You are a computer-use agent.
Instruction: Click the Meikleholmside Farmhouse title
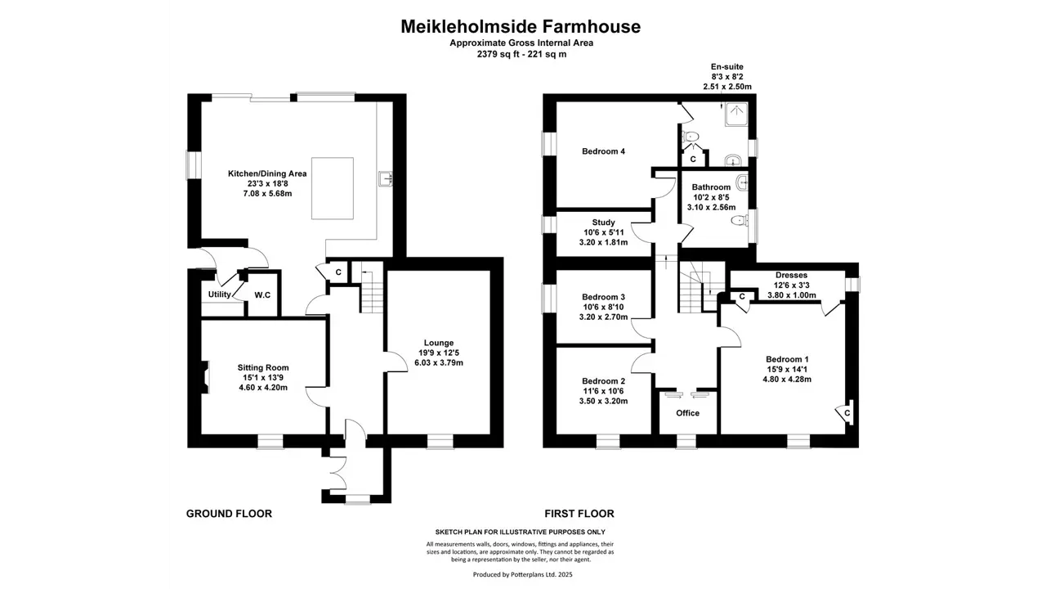point(521,27)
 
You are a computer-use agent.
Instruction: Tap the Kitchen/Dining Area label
point(267,173)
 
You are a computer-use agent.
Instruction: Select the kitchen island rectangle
point(333,188)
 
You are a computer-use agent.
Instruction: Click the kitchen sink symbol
point(385,179)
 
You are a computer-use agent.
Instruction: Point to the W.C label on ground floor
point(262,295)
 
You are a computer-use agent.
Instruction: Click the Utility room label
point(220,294)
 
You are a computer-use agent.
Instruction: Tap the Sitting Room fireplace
point(205,377)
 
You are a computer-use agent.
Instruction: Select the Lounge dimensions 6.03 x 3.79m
point(439,362)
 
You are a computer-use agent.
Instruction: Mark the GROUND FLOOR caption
point(229,514)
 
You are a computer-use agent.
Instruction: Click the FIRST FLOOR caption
point(579,514)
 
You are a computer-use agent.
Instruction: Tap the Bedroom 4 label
point(603,151)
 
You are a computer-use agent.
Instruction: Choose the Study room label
point(603,223)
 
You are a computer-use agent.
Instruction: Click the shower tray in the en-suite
point(736,115)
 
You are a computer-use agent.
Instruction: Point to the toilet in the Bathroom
point(740,220)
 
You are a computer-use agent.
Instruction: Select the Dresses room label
point(791,276)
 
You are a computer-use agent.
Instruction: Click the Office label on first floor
point(687,413)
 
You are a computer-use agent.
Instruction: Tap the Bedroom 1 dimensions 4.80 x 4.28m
point(787,379)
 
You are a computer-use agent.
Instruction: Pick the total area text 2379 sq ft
point(495,54)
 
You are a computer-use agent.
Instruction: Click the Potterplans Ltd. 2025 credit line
point(522,574)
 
